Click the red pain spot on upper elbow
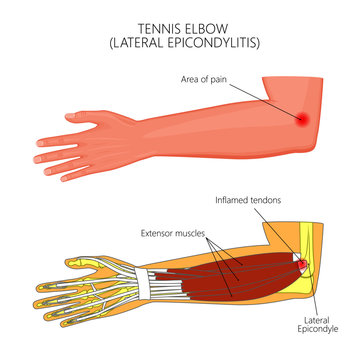[302, 119]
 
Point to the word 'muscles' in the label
[191, 234]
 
